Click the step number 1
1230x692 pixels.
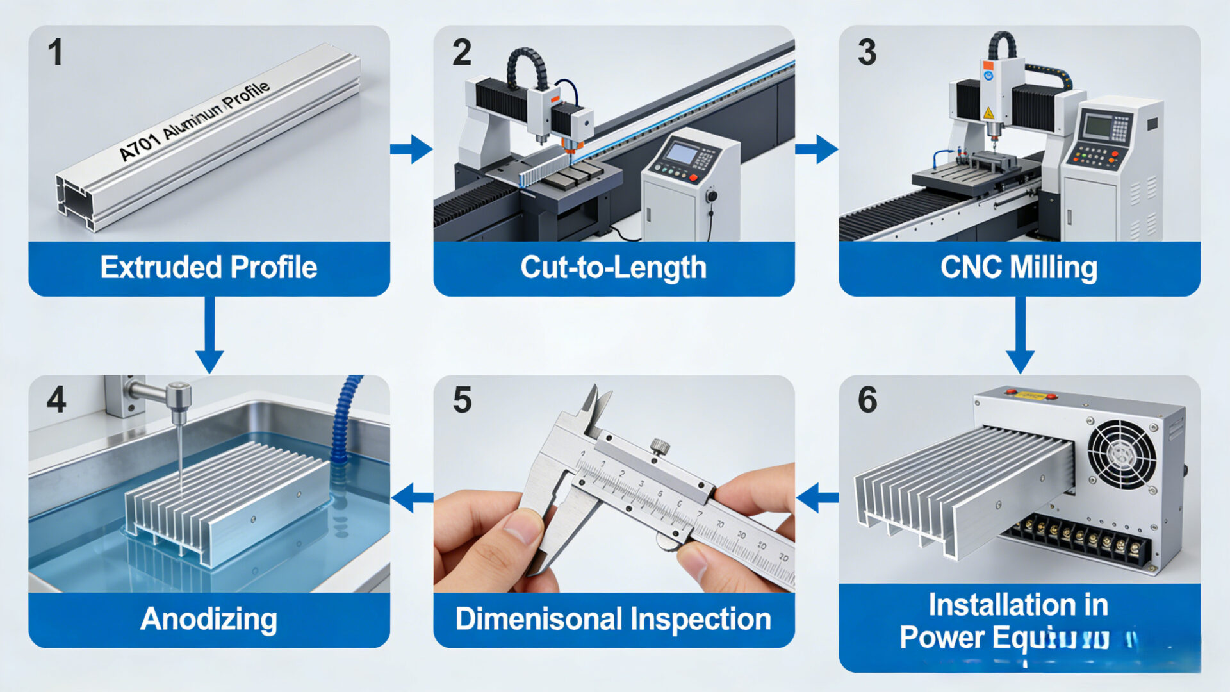coord(56,53)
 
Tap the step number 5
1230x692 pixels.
coord(462,400)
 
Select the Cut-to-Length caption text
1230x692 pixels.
coord(613,267)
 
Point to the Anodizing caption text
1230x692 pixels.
coord(209,619)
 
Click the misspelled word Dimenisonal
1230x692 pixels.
coord(539,619)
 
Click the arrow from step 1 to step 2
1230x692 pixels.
coord(411,149)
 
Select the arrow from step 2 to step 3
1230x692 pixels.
coord(817,149)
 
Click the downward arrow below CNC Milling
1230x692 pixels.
coord(1020,336)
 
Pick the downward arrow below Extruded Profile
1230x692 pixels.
coord(209,336)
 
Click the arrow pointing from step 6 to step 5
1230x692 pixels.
coord(817,497)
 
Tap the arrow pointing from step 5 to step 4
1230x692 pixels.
coord(412,497)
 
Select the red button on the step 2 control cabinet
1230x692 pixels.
coord(693,177)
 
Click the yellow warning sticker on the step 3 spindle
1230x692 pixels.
coord(988,113)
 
